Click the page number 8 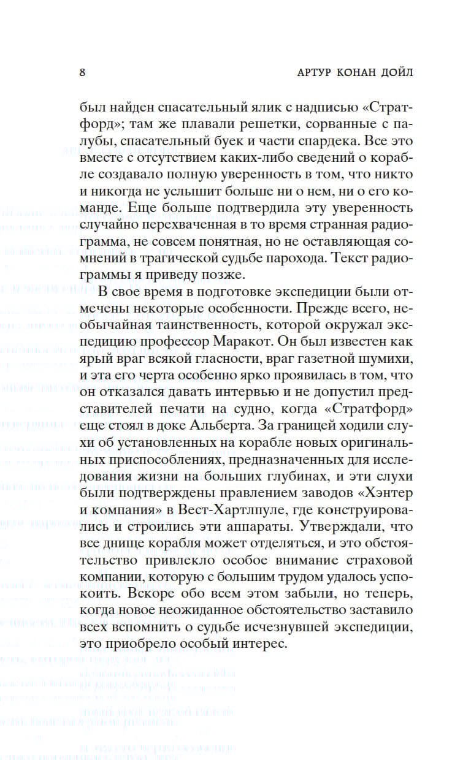point(82,72)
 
